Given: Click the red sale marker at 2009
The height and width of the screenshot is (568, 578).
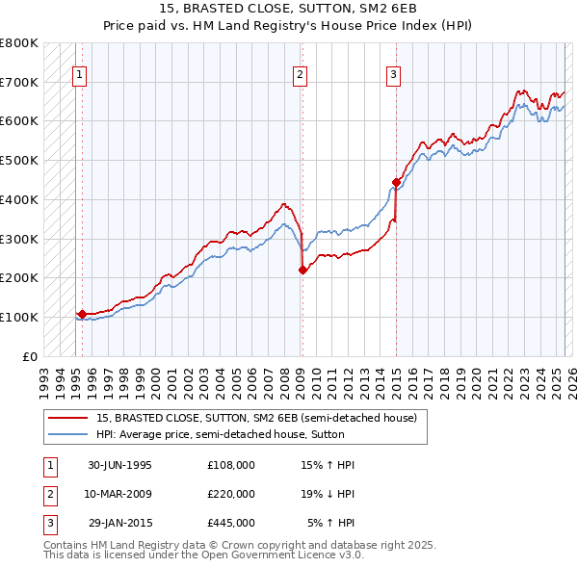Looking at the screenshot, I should pos(302,270).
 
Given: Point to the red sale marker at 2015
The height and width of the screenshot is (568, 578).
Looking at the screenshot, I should pos(396,181).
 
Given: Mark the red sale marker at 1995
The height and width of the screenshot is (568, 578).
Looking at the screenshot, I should pos(83,314).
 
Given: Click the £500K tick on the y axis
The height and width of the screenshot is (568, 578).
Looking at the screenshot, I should pos(19,160).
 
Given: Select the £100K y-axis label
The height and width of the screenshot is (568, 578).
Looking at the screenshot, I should pos(19,317).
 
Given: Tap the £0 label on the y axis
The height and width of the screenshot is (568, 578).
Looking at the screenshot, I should pos(29,356).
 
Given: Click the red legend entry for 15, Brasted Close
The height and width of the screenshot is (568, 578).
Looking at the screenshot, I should pos(256,418).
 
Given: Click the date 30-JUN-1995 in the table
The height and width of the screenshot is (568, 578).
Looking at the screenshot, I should pos(119,465).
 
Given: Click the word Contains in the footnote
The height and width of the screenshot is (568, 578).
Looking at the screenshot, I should pos(66,545).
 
